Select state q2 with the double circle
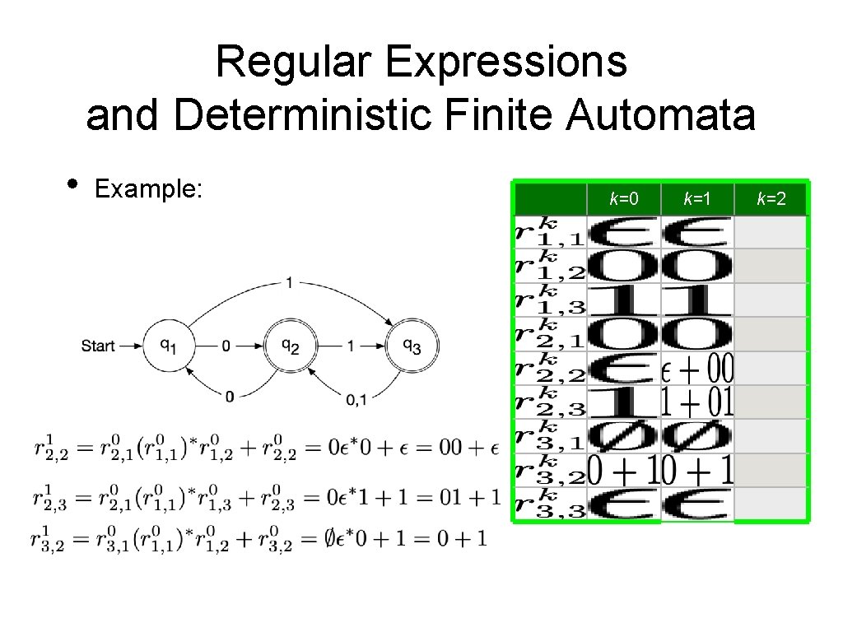coord(289,346)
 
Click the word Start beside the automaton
coord(98,346)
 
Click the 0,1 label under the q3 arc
coord(356,400)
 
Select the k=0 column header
coord(623,198)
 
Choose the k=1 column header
coord(697,198)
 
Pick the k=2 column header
coord(771,198)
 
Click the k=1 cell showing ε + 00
coord(698,369)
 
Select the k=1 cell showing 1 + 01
coord(698,402)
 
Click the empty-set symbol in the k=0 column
coord(623,435)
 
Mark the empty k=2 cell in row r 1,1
coord(771,232)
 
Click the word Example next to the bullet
coord(148,189)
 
